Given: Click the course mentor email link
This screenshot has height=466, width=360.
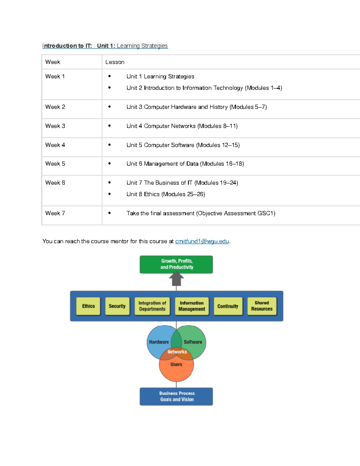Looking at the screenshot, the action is (202, 242).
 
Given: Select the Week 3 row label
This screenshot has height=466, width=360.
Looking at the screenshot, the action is (55, 126).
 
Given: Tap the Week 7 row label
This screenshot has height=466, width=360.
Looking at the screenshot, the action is (55, 213).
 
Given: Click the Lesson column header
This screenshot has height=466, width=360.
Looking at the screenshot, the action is (115, 62).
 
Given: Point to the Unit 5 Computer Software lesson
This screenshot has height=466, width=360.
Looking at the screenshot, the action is (183, 145).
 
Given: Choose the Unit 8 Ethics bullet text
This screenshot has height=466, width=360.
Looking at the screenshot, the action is (166, 194).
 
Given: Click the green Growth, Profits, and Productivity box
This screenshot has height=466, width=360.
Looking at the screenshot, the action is (176, 264).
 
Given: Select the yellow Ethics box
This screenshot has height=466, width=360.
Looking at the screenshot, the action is (88, 306).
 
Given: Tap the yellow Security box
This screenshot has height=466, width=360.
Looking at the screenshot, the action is (117, 306).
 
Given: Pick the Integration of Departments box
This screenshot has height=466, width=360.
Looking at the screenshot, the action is (152, 306).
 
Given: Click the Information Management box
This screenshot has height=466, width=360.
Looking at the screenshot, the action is (192, 306).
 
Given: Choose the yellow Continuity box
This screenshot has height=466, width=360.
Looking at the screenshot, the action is (228, 306).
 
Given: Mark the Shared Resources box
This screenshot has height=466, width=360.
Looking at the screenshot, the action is (262, 306).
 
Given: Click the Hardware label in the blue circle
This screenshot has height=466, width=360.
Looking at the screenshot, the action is (159, 342).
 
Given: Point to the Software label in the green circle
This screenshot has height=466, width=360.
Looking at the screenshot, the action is (193, 342).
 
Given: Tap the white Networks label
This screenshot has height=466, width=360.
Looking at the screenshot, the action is (177, 352).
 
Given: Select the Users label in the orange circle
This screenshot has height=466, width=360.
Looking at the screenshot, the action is (176, 364).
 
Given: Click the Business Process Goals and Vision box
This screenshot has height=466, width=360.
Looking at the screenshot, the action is (176, 396).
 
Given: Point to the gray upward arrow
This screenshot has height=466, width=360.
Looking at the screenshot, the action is (176, 278).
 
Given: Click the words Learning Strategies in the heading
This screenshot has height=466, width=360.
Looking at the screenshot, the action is (142, 46).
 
